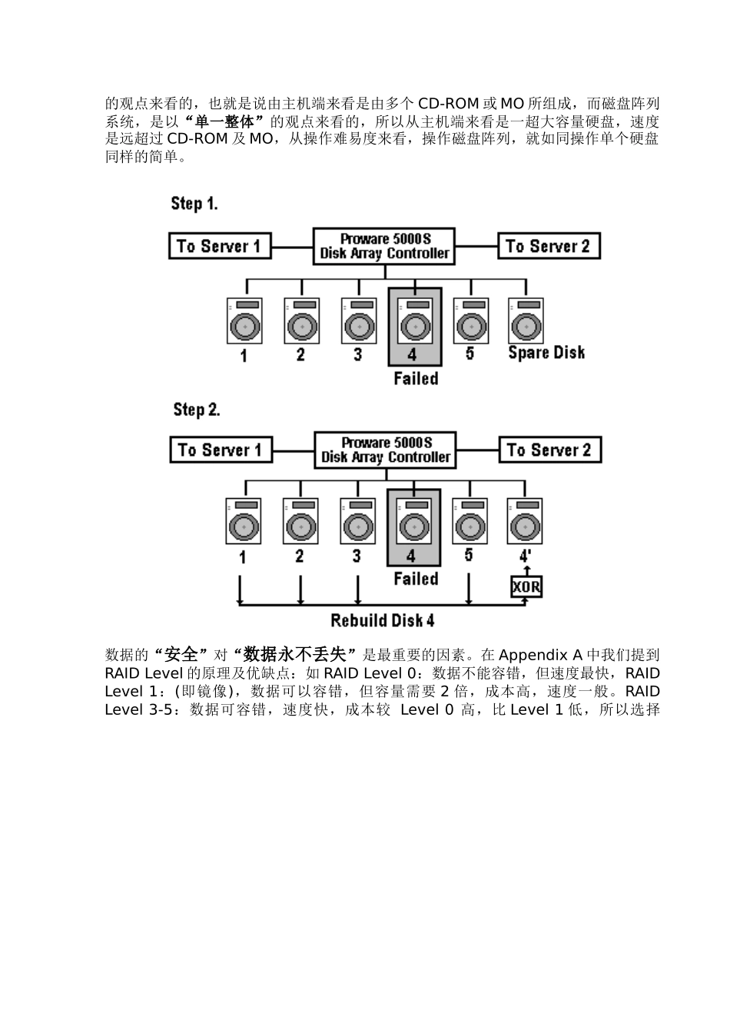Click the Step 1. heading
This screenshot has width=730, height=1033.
tap(194, 204)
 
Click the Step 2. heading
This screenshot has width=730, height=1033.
tap(196, 409)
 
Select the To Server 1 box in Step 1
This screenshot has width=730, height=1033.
tap(219, 247)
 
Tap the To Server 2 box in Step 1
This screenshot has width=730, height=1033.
tap(549, 247)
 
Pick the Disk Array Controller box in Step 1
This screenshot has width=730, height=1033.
tap(384, 247)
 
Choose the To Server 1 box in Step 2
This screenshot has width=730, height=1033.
tap(221, 450)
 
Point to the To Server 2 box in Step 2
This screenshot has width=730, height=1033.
tap(549, 450)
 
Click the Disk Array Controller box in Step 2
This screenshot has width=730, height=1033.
tap(385, 450)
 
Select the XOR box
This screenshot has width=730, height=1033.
tap(526, 588)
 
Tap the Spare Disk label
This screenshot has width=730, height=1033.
tap(546, 353)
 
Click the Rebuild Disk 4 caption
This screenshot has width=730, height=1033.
tap(383, 620)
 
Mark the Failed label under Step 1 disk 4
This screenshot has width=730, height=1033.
tap(416, 378)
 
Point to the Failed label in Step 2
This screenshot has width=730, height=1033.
tap(416, 579)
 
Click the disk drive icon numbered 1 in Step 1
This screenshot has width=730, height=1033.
tap(244, 321)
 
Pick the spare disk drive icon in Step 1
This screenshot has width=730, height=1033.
tap(526, 321)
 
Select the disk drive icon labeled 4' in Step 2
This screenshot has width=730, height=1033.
tap(525, 522)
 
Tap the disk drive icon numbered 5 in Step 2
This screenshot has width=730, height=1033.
tap(470, 522)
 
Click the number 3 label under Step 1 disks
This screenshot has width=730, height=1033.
tap(357, 354)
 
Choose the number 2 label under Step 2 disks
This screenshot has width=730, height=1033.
tap(300, 556)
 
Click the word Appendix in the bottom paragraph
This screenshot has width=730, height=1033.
tap(533, 655)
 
